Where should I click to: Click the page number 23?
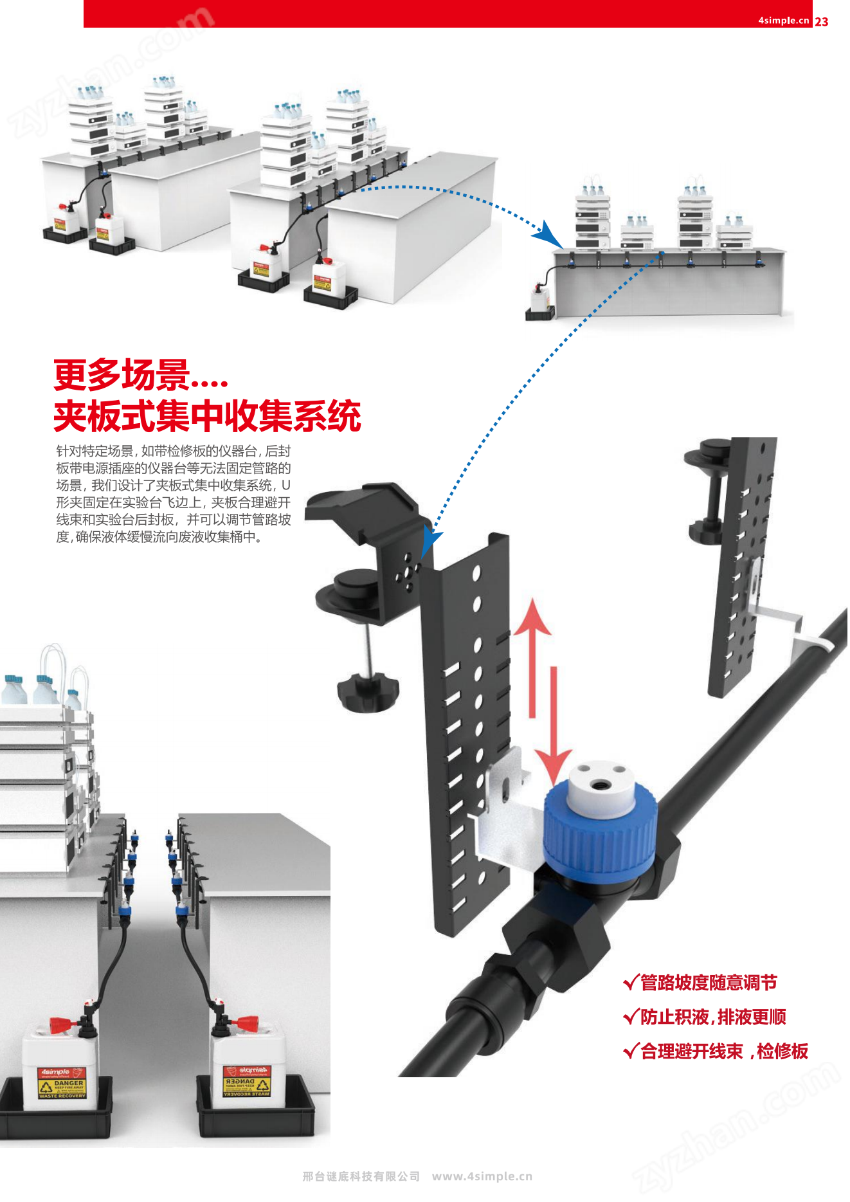(x=821, y=21)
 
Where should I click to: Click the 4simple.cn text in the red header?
(x=783, y=20)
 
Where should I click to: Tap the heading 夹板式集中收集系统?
(x=206, y=416)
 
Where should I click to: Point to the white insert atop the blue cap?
(x=599, y=780)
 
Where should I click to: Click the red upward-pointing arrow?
(x=532, y=656)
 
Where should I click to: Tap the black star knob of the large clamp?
(x=367, y=693)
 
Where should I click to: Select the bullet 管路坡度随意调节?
(x=701, y=983)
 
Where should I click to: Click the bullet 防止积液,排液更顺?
(x=705, y=1017)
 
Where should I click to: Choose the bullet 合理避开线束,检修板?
(x=716, y=1052)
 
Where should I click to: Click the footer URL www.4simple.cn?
(x=482, y=1176)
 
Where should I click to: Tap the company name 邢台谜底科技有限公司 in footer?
(x=361, y=1176)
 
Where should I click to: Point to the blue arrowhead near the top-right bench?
(x=547, y=234)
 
